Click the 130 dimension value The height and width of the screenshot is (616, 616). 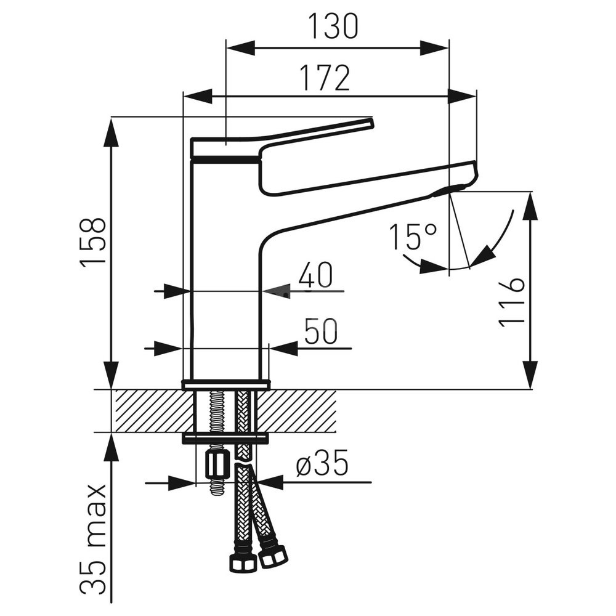(x=333, y=26)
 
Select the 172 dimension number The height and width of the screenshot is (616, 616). (x=325, y=78)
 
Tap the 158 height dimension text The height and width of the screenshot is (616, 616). (x=94, y=242)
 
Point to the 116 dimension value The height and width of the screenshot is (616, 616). (x=511, y=302)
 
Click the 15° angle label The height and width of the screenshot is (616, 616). (x=413, y=237)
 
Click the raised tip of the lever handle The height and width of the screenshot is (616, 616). (x=370, y=122)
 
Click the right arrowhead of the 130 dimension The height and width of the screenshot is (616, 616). (x=434, y=47)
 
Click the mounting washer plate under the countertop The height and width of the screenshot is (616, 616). (x=225, y=439)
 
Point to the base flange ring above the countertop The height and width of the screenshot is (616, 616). (x=226, y=384)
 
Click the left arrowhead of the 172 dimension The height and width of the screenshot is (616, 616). (x=198, y=96)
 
